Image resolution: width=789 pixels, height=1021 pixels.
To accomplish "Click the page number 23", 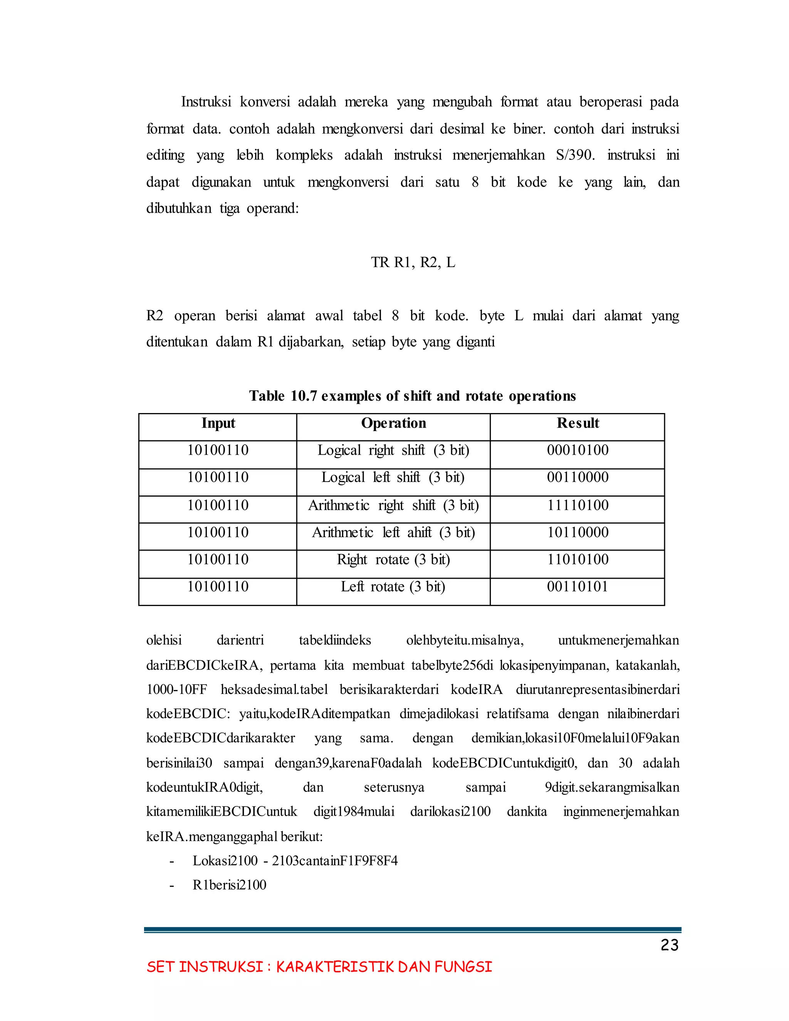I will (x=669, y=945).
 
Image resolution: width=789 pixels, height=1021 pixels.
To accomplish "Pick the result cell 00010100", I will (x=578, y=451).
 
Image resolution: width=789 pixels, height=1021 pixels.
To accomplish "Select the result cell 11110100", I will (x=578, y=505).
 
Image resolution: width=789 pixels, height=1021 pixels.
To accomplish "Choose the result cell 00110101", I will (x=578, y=587).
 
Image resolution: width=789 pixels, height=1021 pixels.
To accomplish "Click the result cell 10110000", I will (x=578, y=533).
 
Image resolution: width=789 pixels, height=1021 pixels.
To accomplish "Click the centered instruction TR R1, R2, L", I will (x=413, y=263).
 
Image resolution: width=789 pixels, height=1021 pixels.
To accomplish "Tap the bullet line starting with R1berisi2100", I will (x=229, y=885).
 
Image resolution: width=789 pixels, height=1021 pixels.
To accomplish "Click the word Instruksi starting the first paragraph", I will (x=206, y=102).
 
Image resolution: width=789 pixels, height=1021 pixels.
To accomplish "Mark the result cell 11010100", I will (x=578, y=560).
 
